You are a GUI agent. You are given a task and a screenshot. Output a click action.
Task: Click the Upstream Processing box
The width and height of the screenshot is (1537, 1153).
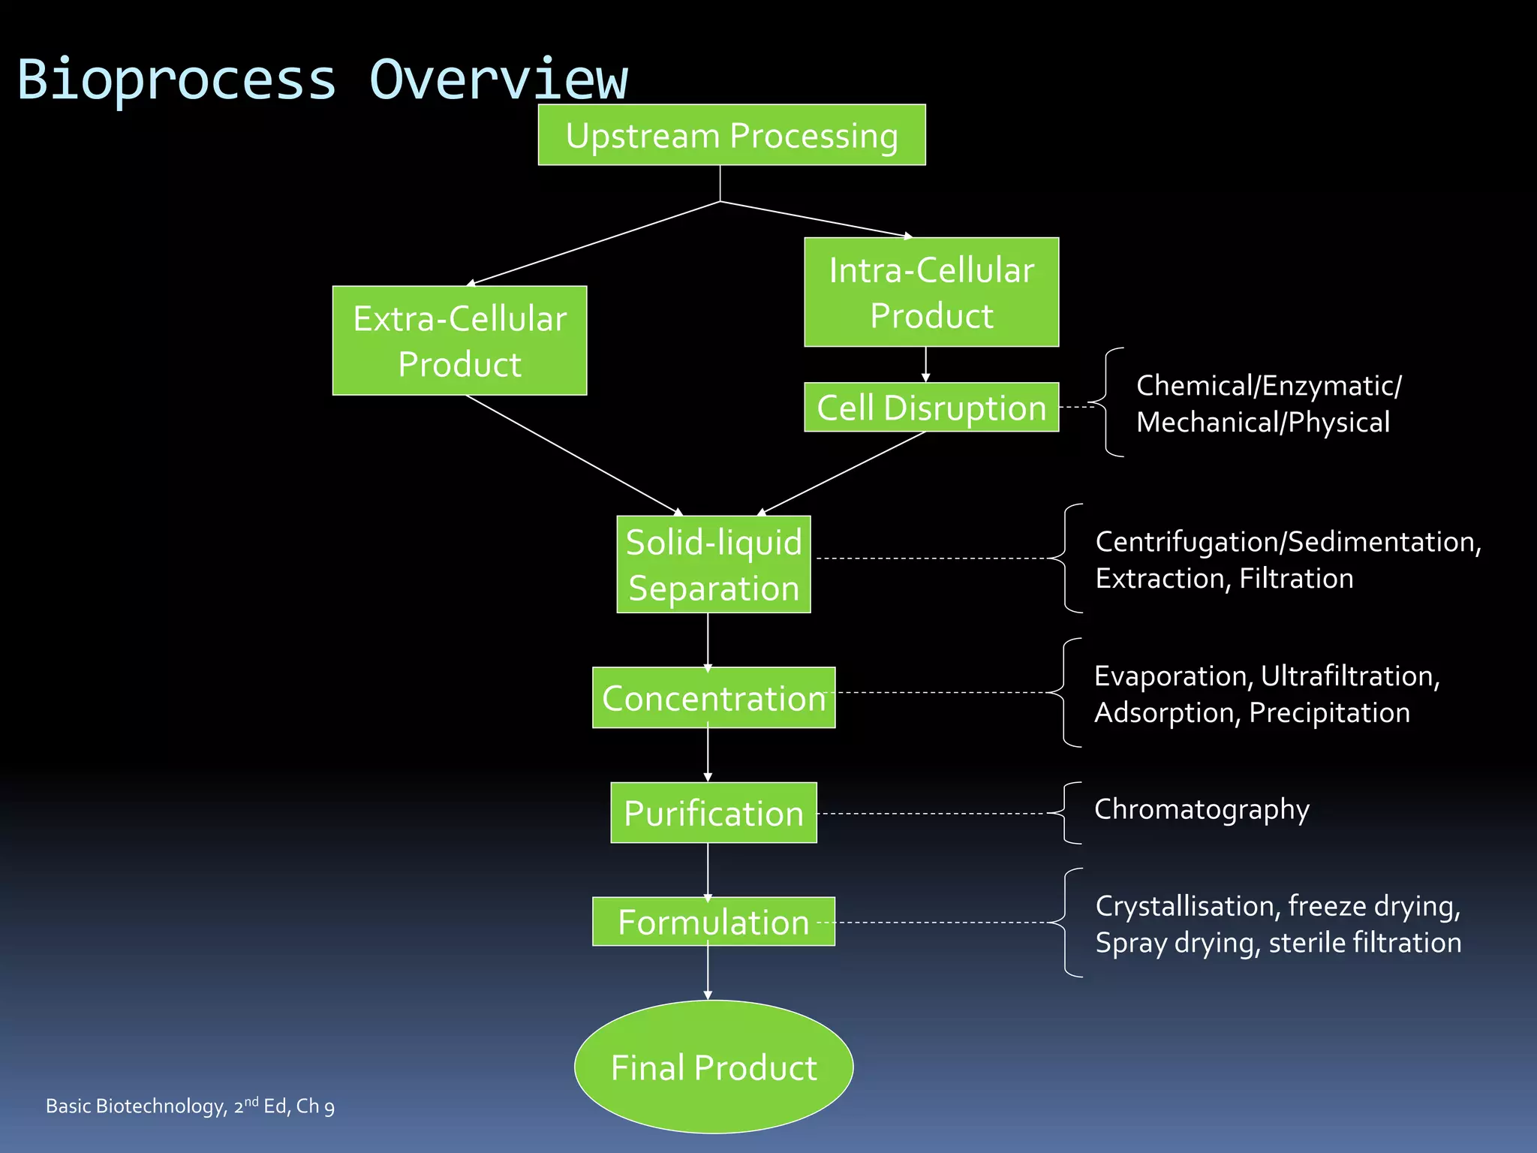[x=732, y=135]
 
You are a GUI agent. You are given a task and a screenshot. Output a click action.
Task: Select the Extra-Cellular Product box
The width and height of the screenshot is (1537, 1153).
[x=459, y=341]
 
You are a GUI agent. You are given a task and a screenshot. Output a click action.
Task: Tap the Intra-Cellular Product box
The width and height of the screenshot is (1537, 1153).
[x=931, y=292]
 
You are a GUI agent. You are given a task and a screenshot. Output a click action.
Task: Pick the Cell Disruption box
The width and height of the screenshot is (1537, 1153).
[x=931, y=408]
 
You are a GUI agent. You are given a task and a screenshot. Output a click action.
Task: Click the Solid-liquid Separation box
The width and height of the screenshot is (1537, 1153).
[x=714, y=564]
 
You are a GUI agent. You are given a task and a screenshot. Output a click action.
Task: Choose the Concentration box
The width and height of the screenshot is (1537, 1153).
[x=714, y=697]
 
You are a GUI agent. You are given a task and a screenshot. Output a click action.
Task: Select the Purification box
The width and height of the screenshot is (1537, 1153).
[x=714, y=813]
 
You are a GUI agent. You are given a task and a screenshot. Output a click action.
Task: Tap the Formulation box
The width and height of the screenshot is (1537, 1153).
[x=714, y=921]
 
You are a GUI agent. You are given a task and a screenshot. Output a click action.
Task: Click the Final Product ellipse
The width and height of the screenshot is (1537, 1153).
[x=714, y=1067]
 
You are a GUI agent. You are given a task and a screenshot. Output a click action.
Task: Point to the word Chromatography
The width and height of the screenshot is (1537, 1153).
[x=1202, y=809]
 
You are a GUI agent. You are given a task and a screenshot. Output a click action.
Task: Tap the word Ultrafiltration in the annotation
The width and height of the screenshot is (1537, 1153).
[x=1349, y=676]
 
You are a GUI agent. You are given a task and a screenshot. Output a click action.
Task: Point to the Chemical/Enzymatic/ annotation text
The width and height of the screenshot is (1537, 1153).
[x=1268, y=386]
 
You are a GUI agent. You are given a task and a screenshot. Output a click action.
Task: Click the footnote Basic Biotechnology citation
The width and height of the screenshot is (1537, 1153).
[x=190, y=1106]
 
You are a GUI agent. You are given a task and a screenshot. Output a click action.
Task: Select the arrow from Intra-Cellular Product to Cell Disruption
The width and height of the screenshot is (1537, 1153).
[x=925, y=365]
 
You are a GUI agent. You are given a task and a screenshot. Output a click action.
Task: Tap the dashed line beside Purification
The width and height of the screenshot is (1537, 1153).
[x=931, y=814]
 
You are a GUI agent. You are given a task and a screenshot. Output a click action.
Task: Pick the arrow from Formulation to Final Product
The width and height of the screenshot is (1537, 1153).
[x=708, y=972]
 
